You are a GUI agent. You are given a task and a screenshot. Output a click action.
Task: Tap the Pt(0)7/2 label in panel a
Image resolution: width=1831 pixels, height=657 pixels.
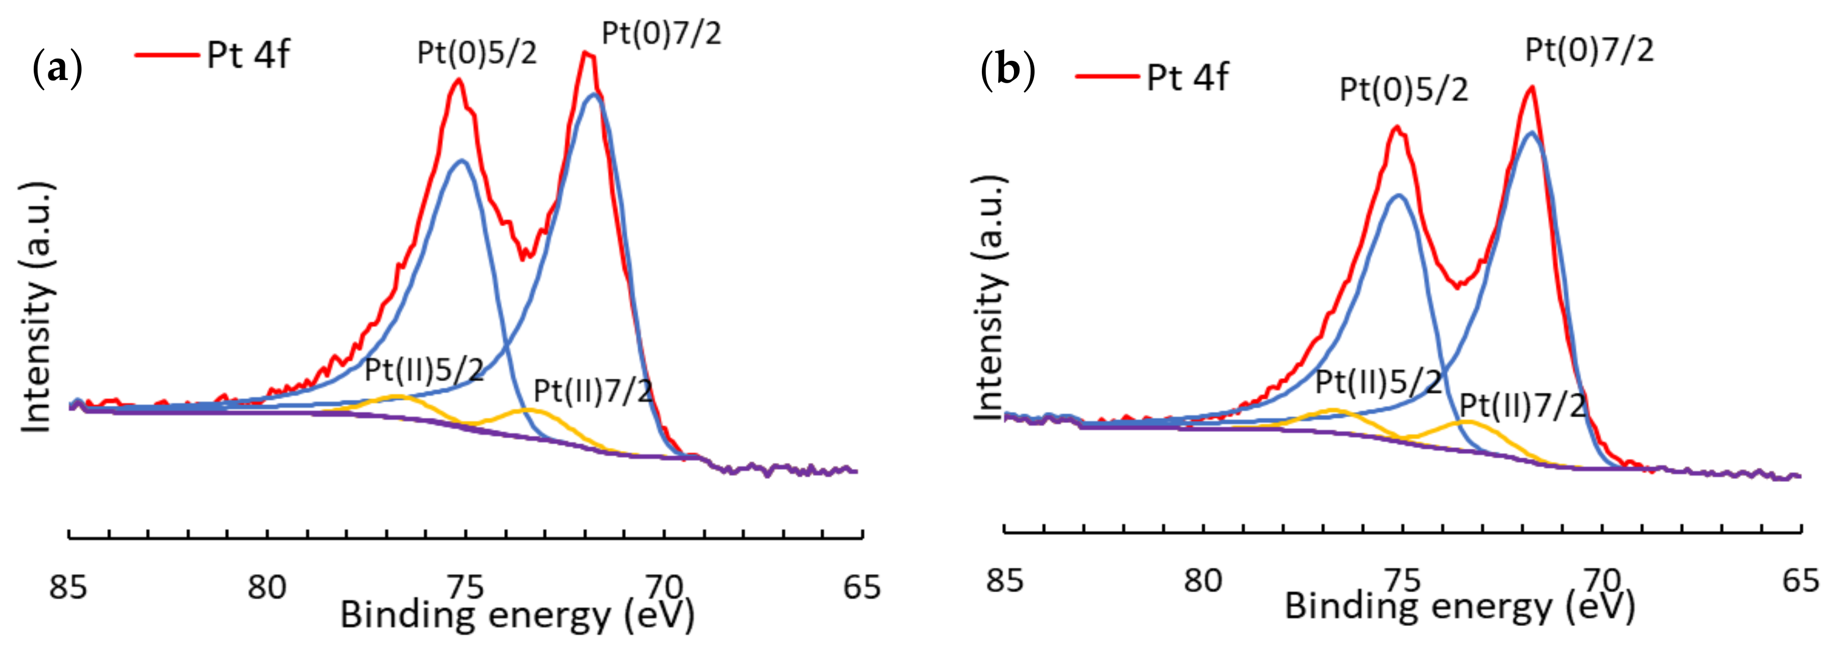661,33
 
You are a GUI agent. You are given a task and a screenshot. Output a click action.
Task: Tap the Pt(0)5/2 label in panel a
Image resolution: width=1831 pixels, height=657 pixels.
476,53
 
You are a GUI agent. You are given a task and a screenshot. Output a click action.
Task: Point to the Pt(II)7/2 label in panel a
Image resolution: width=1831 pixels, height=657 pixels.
593,391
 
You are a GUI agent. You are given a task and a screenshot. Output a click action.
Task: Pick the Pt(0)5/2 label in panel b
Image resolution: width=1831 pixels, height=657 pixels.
1403,90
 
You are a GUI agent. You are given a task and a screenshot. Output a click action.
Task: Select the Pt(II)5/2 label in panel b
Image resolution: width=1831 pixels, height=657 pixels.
1378,382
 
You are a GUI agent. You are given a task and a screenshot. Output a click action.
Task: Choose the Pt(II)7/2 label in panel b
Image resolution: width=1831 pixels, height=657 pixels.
1522,406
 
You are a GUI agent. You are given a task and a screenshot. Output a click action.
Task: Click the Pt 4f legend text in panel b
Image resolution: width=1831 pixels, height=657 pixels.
1187,77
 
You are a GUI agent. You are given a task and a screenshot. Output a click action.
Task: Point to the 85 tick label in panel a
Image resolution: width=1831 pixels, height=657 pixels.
67,587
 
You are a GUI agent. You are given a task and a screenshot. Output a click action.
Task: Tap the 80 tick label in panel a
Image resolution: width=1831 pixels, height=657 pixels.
267,587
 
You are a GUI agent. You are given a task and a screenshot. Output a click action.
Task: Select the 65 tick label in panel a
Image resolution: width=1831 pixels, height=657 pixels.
862,587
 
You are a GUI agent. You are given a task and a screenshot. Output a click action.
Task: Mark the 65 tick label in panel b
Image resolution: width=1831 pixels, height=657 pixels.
1801,580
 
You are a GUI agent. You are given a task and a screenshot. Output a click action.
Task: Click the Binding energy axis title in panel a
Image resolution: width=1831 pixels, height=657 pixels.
517,615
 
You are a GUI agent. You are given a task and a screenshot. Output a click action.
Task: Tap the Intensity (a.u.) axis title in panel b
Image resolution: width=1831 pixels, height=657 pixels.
989,298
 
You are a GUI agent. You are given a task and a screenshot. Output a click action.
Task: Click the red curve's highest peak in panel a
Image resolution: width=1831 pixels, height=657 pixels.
586,53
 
